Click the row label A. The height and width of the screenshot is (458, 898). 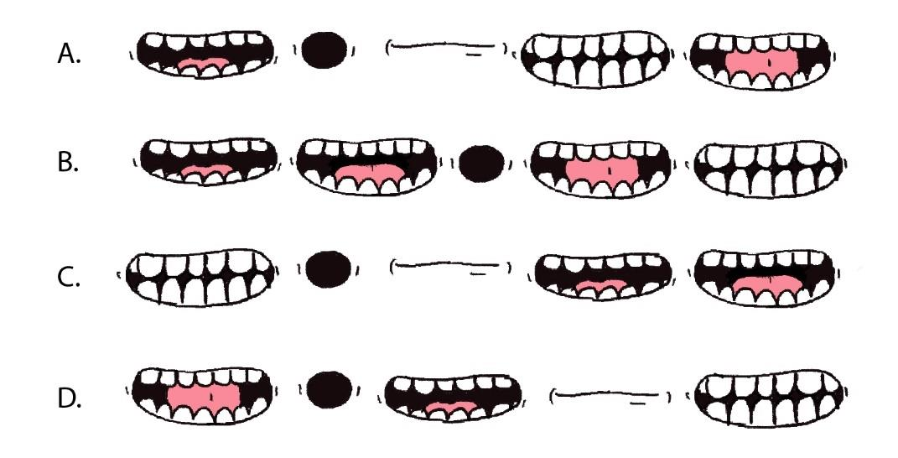69,54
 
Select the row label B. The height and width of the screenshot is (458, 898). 68,163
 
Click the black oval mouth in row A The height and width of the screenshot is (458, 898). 324,49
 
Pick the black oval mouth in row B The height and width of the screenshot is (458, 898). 481,164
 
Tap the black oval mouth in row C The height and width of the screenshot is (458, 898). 328,268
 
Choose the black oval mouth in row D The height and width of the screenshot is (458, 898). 329,389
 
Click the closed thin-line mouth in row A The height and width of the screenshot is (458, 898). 446,48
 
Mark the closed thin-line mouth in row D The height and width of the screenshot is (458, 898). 610,396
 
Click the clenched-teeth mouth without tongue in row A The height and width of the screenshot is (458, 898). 594,59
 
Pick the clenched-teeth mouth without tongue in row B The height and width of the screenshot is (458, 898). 770,169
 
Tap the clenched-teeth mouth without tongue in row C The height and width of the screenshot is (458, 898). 200,278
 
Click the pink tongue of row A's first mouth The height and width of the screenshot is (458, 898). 201,65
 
